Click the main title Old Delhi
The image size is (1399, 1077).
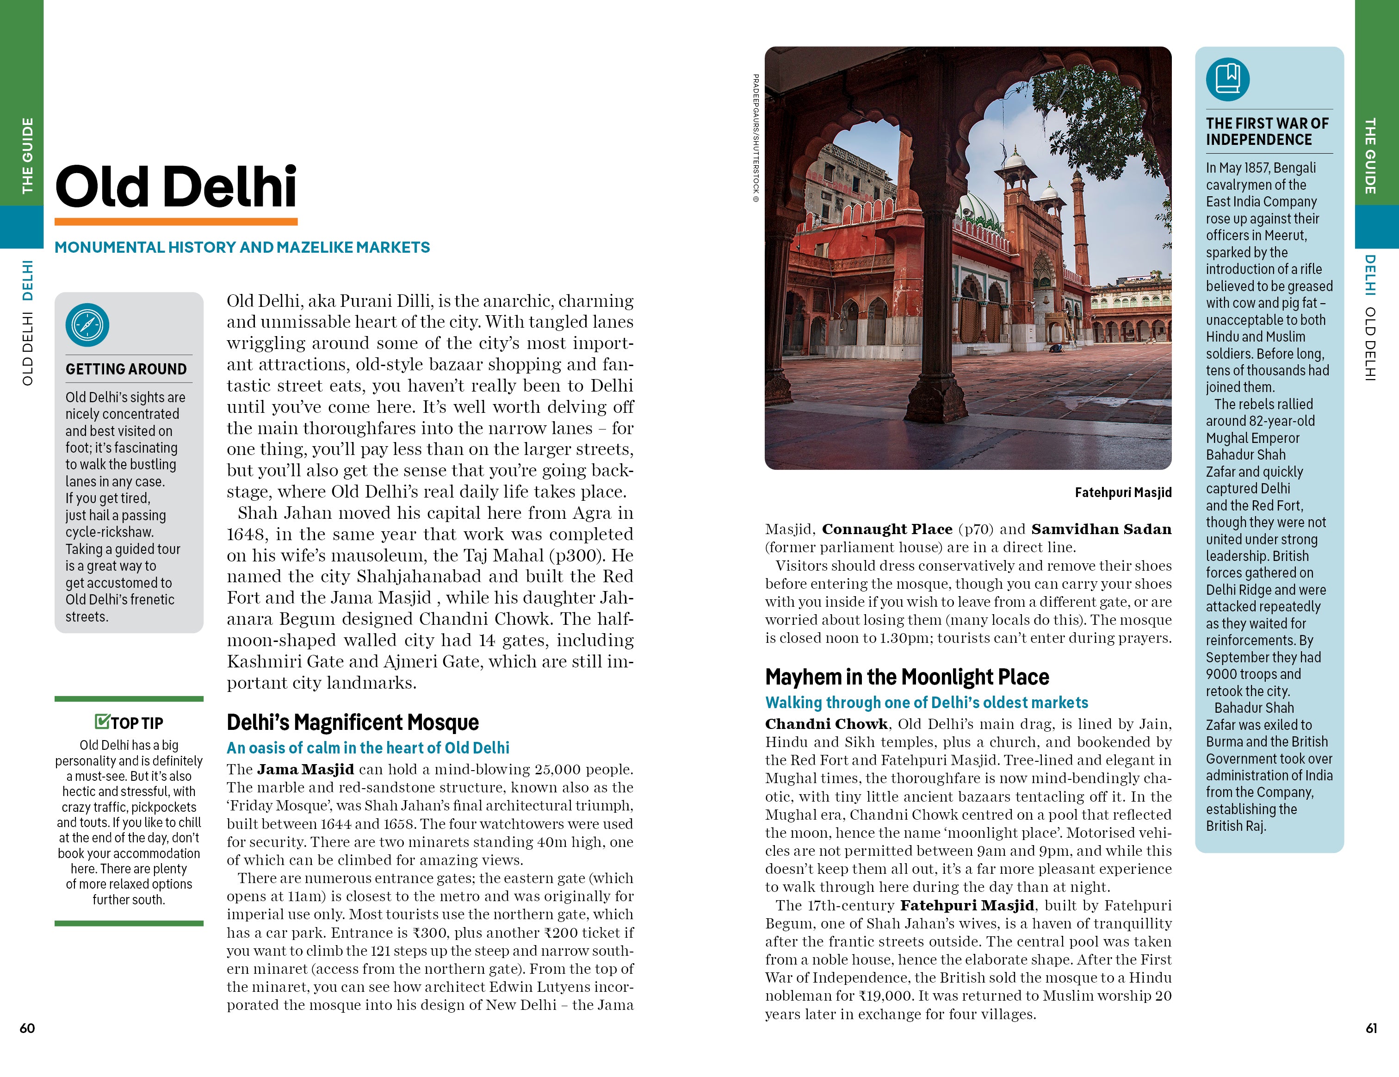pyautogui.click(x=176, y=187)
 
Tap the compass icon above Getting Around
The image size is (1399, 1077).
pyautogui.click(x=87, y=325)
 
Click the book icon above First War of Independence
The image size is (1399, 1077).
pyautogui.click(x=1227, y=80)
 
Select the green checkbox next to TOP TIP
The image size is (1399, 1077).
pyautogui.click(x=102, y=722)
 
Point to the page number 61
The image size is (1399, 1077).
pyautogui.click(x=1371, y=1027)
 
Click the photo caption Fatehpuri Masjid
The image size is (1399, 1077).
pyautogui.click(x=1123, y=492)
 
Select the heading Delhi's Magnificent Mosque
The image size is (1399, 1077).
pyautogui.click(x=353, y=722)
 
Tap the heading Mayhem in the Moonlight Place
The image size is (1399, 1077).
pyautogui.click(x=906, y=677)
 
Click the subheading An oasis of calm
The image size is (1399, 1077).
pyautogui.click(x=368, y=747)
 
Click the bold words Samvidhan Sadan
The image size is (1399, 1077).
pyautogui.click(x=1101, y=529)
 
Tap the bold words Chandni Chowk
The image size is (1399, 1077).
pyautogui.click(x=826, y=724)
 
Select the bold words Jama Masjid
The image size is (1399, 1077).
pyautogui.click(x=305, y=770)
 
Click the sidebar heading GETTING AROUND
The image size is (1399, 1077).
pyautogui.click(x=126, y=369)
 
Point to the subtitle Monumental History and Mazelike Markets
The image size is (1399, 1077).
pyautogui.click(x=242, y=247)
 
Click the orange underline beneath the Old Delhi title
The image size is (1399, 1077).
pyautogui.click(x=176, y=222)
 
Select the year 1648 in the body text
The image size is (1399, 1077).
pyautogui.click(x=241, y=535)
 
